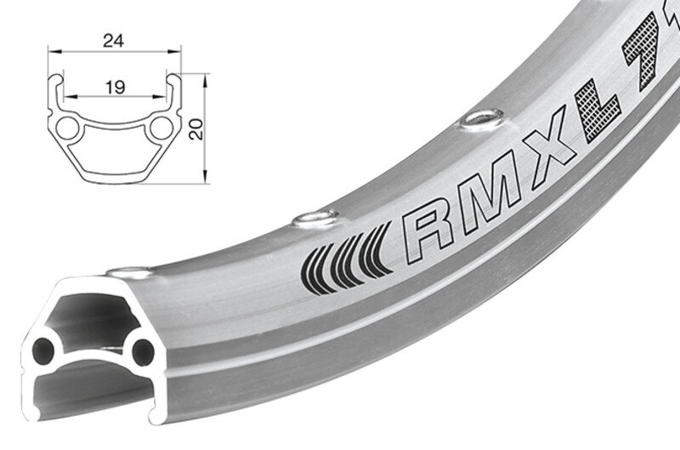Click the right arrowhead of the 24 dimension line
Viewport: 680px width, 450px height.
coord(181,51)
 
